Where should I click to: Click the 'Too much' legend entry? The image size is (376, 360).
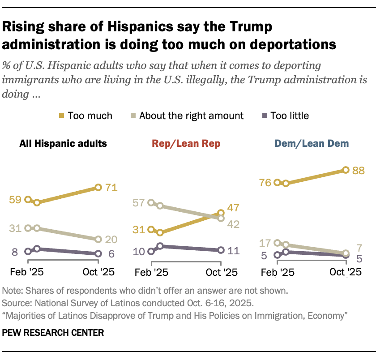[x=90, y=116]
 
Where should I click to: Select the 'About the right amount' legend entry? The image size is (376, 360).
[x=191, y=116]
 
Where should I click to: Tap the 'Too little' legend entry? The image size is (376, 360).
[x=289, y=116]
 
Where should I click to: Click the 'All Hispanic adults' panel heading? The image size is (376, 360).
[x=63, y=143]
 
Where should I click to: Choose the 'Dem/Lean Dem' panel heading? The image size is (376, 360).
[x=312, y=143]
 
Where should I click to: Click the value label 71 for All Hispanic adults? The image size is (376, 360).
[x=111, y=188]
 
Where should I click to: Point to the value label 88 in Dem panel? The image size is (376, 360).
[x=358, y=170]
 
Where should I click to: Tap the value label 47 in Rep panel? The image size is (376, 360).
[x=233, y=208]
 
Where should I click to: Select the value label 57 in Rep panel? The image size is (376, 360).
[x=139, y=203]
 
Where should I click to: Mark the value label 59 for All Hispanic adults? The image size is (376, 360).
[x=16, y=200]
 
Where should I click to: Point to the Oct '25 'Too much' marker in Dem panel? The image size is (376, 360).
[x=346, y=170]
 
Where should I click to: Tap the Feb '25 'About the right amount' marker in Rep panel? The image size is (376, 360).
[x=151, y=203]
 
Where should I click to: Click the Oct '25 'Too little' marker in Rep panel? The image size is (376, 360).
[x=221, y=250]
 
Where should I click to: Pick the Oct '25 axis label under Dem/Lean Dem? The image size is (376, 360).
[x=346, y=272]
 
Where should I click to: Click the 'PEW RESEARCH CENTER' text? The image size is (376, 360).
[x=53, y=333]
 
